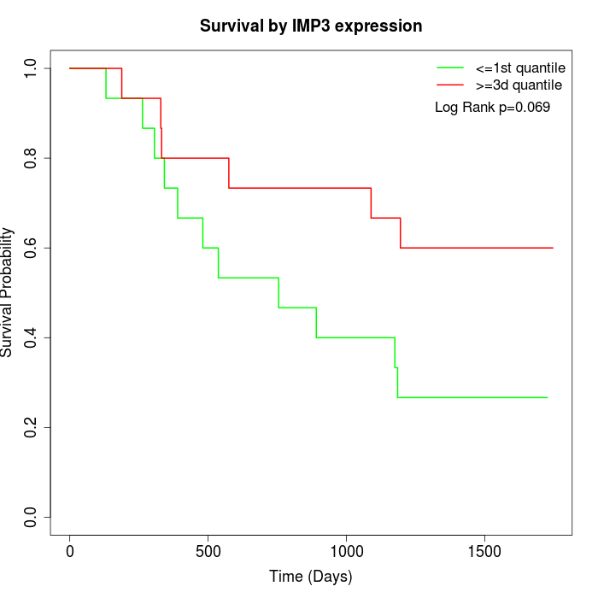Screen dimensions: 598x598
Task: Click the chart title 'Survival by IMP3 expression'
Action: [x=311, y=26]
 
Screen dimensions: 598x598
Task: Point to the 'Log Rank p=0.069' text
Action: [x=492, y=108]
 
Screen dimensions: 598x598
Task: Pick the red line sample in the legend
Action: [x=450, y=85]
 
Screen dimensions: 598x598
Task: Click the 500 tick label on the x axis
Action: [x=208, y=551]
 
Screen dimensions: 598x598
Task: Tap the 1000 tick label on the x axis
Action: [x=347, y=551]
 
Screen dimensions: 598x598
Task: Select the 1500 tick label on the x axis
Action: [x=485, y=551]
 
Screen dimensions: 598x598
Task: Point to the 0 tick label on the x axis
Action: [x=70, y=551]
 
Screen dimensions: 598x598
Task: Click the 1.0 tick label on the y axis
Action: [x=32, y=68]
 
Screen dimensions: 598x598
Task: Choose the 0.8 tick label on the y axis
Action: [x=32, y=158]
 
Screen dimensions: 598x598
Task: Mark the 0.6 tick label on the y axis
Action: [x=32, y=248]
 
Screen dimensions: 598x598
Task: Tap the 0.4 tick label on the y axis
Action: [x=32, y=337]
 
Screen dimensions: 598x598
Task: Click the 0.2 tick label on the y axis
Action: [x=32, y=427]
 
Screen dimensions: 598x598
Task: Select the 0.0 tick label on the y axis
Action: [x=32, y=517]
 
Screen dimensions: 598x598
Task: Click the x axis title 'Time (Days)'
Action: [x=311, y=577]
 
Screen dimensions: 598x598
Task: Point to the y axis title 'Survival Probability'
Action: [x=9, y=292]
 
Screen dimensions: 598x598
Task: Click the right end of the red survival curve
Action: [x=553, y=248]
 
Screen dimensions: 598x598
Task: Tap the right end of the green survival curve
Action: [x=547, y=397]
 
